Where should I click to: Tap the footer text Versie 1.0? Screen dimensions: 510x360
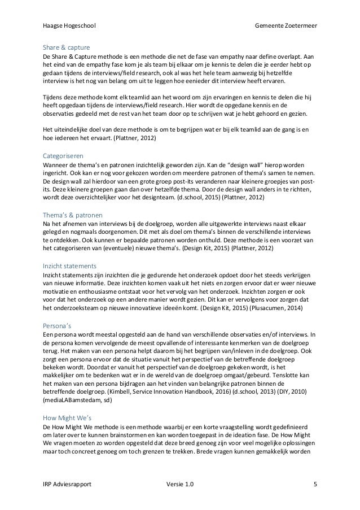pyautogui.click(x=179, y=485)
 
